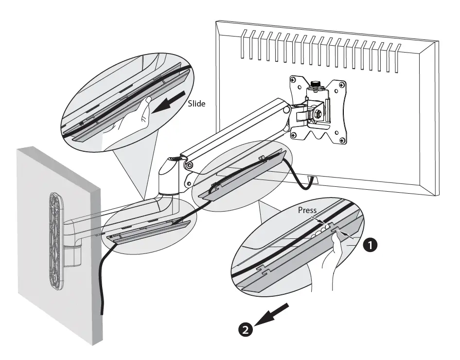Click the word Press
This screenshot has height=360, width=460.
click(307, 210)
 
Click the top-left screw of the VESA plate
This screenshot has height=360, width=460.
click(293, 80)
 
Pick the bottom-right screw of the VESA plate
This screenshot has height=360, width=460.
click(343, 141)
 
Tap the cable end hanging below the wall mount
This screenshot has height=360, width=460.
click(102, 311)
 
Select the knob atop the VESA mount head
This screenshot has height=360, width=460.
click(316, 85)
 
